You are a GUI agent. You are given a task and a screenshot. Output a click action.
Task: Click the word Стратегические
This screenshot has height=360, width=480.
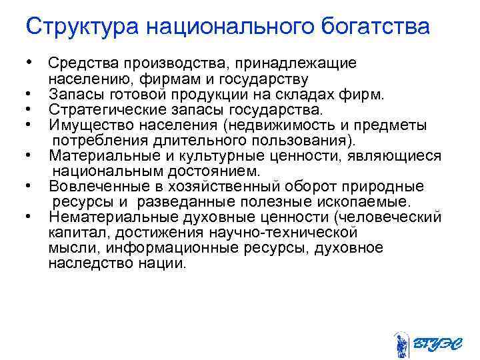(99, 109)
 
